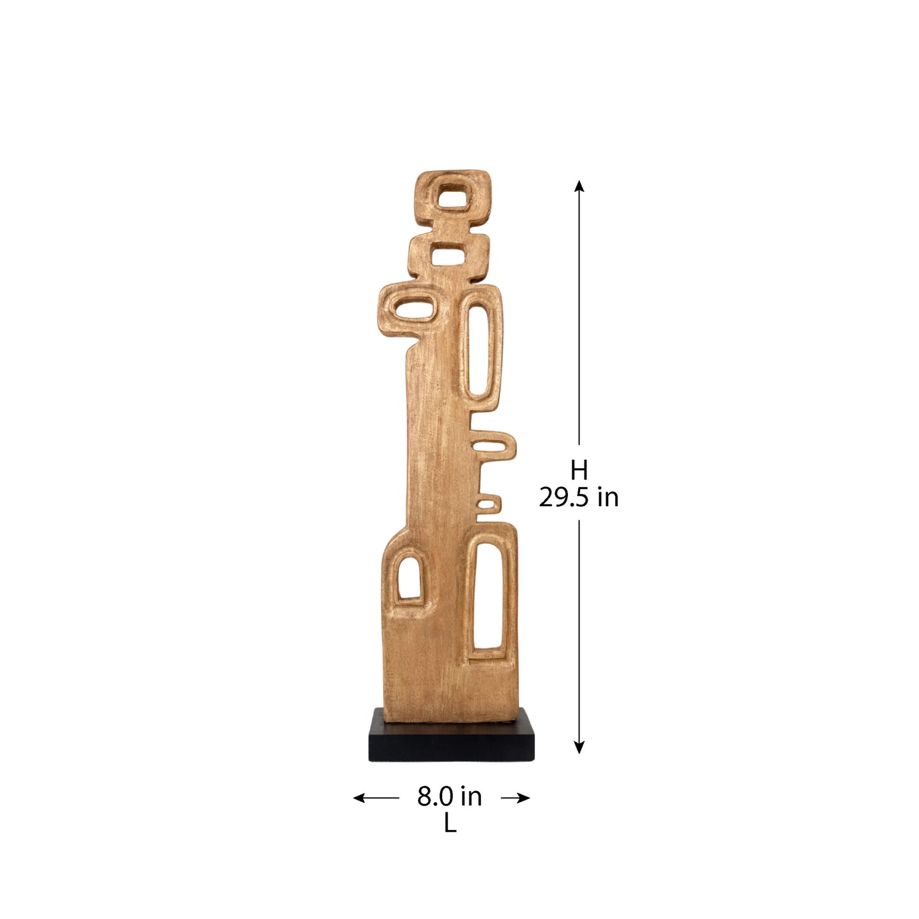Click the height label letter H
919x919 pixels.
coord(579,471)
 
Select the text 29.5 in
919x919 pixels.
coord(579,497)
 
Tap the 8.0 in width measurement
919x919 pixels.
coord(450,796)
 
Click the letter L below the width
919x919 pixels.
coord(450,824)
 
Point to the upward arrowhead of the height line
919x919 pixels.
coord(579,186)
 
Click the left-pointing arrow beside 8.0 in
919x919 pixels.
coord(375,798)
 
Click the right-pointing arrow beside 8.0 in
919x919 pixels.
coord(516,798)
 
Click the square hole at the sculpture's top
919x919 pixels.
coord(452,197)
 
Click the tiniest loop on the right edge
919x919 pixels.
coord(487,504)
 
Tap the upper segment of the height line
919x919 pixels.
coord(579,318)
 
